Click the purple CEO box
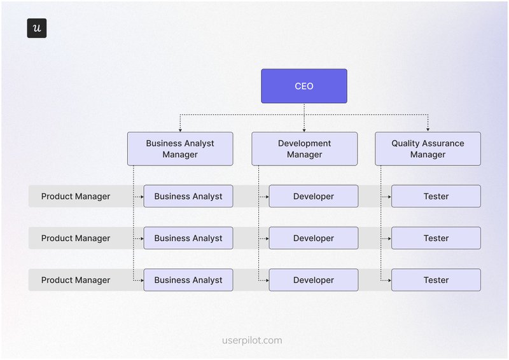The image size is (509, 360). [x=304, y=86]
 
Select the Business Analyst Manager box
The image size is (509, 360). [x=180, y=149]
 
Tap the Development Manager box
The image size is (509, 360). [x=304, y=149]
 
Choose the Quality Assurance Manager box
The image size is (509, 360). [x=428, y=149]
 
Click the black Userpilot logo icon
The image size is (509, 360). [x=37, y=28]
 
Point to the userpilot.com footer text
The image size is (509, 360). [x=252, y=340]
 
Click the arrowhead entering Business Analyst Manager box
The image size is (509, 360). [x=180, y=130]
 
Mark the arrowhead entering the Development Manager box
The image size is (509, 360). [x=304, y=130]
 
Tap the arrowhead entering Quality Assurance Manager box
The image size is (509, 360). [x=428, y=130]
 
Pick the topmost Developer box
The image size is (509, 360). [x=313, y=197]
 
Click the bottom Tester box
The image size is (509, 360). [x=436, y=280]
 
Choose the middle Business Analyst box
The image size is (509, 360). [x=188, y=239]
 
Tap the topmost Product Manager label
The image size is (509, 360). [x=76, y=197]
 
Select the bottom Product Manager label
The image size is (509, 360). [x=76, y=280]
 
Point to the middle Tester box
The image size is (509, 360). [x=436, y=239]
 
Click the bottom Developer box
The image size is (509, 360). [x=313, y=280]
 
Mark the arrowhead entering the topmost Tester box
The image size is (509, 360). [x=389, y=197]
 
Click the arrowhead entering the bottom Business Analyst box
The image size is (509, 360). [x=141, y=280]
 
